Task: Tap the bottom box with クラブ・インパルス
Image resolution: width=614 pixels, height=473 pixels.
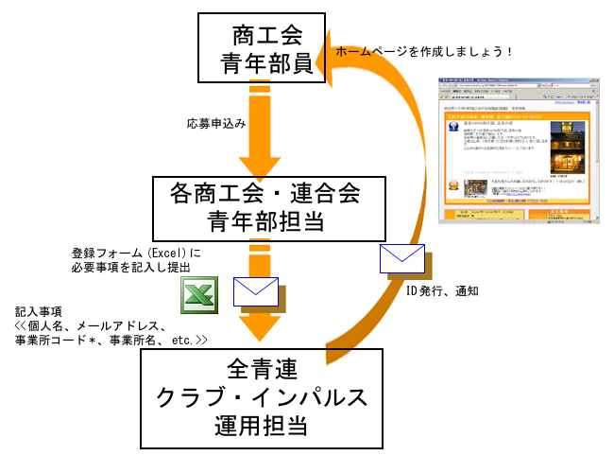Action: [x=262, y=397]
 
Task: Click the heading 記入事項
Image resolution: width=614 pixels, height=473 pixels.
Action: [x=39, y=310]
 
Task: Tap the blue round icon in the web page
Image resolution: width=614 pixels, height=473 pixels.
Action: [x=455, y=127]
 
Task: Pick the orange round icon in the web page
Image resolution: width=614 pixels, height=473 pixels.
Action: [x=454, y=185]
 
